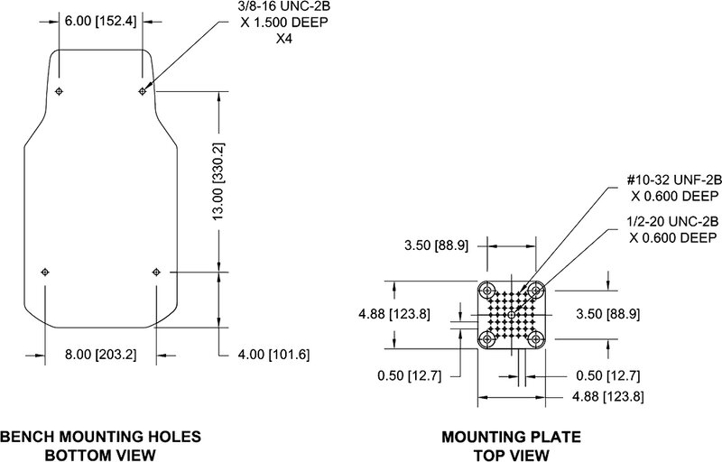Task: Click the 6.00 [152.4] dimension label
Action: click(100, 21)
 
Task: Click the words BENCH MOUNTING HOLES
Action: click(99, 438)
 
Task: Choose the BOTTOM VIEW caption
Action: click(99, 454)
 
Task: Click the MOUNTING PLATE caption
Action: click(513, 438)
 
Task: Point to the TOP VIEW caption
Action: click(513, 454)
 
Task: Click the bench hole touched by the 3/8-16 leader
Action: click(142, 91)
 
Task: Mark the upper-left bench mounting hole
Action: click(59, 91)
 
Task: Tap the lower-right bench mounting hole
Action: click(156, 271)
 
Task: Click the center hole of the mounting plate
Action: click(513, 314)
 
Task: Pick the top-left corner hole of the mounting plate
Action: click(489, 291)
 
